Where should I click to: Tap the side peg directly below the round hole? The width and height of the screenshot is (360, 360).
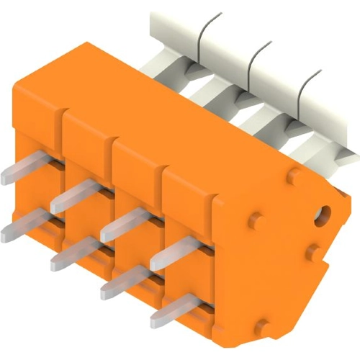click(312, 252)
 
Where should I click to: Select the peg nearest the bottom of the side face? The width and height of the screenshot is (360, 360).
click(263, 325)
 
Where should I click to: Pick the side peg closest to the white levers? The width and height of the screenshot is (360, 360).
click(293, 175)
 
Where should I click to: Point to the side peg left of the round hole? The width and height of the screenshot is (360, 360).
click(256, 220)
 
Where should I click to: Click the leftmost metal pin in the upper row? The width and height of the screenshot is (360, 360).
click(22, 171)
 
